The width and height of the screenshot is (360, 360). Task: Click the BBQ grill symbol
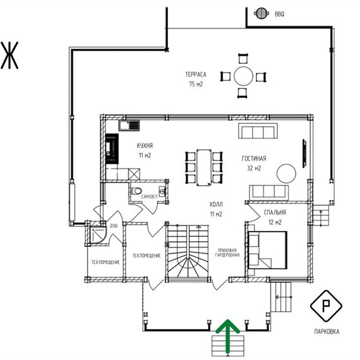[261, 13]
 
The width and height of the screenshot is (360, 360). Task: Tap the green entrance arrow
[228, 337]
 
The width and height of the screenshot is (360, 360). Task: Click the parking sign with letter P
[326, 306]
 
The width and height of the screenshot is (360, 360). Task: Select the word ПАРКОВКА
[327, 332]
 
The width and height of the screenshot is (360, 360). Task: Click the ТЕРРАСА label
[196, 75]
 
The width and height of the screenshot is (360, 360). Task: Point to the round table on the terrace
[243, 76]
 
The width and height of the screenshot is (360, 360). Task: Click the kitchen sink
[129, 126]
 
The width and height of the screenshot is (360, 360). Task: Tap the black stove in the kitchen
[112, 149]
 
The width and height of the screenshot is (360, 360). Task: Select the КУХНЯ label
[145, 145]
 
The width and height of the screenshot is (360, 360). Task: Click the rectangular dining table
[204, 167]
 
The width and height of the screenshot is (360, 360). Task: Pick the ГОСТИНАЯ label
[254, 159]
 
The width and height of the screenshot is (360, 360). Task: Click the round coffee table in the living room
[286, 173]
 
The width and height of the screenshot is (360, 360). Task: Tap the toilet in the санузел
[136, 191]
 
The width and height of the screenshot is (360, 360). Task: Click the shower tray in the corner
[97, 235]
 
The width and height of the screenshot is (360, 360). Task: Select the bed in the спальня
[268, 250]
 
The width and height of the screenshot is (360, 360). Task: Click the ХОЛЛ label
[216, 205]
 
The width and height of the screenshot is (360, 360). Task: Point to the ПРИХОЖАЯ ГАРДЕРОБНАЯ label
[227, 253]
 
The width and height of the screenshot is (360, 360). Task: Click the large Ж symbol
[9, 56]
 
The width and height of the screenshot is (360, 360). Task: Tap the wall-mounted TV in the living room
[304, 153]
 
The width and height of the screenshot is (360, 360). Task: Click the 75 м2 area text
[196, 84]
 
